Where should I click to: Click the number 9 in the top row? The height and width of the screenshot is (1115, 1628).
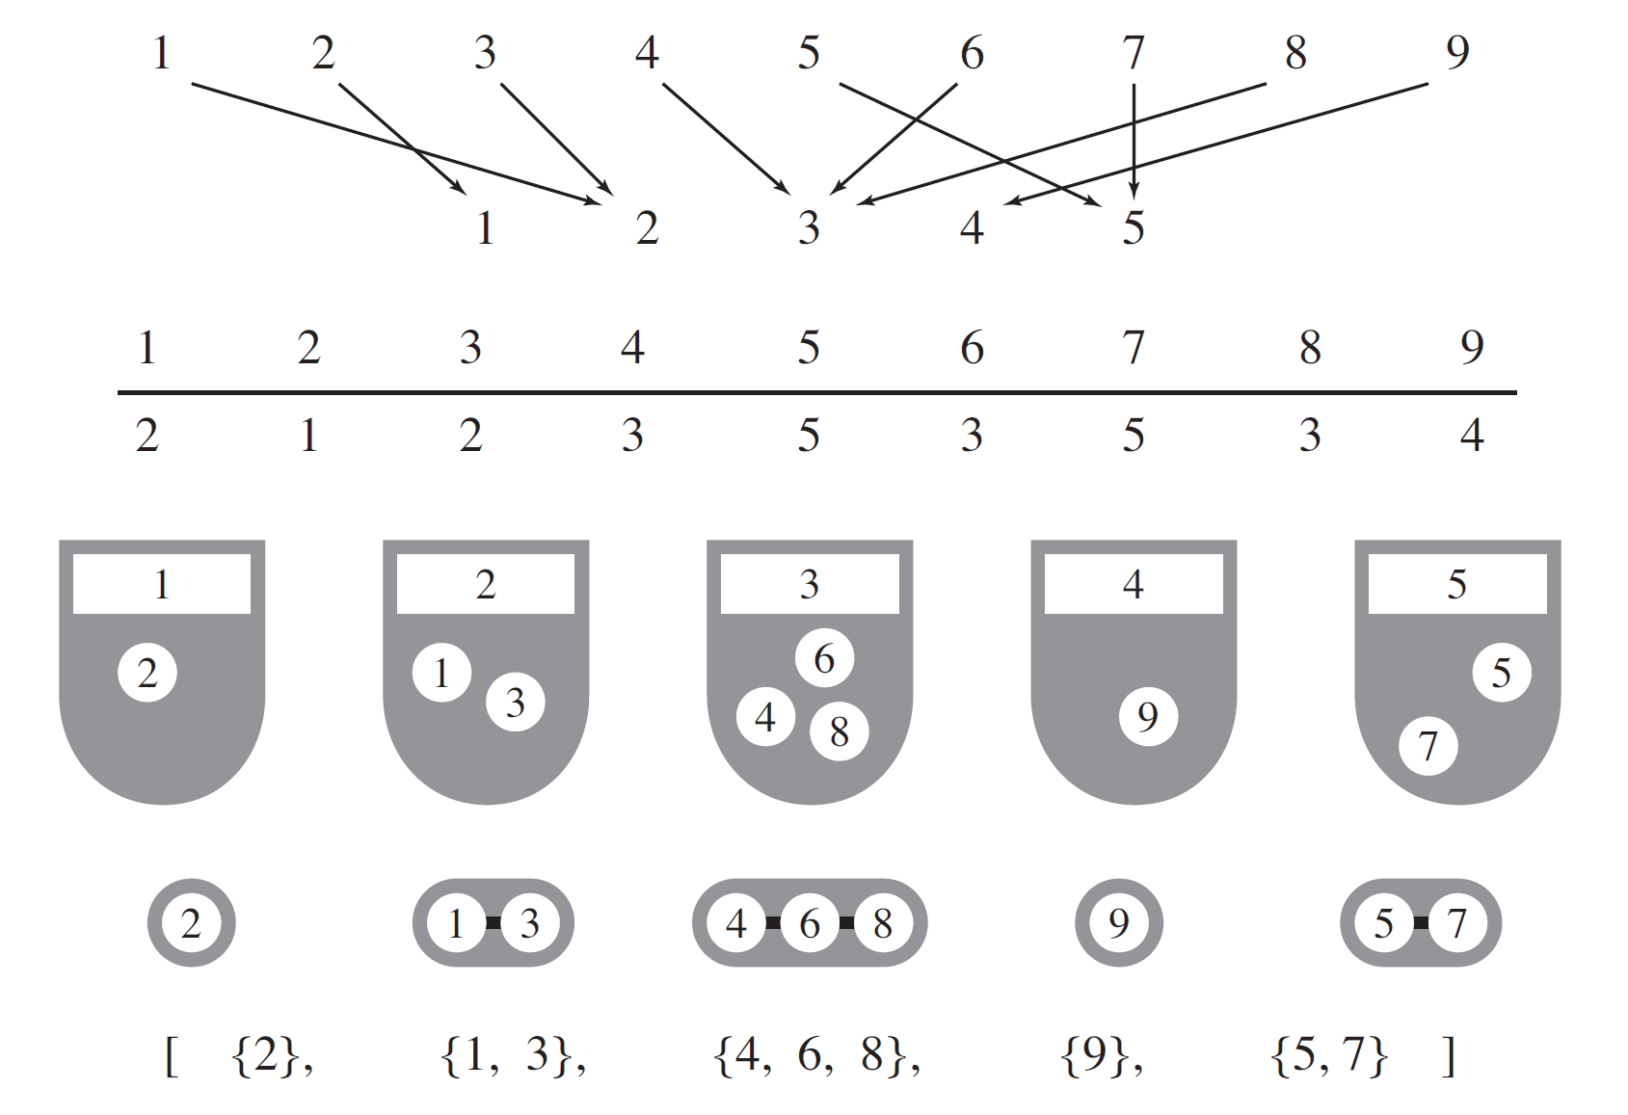[1456, 52]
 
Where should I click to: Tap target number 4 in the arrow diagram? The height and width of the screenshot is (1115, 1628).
[972, 228]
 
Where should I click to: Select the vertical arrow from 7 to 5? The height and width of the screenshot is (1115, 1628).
[1134, 140]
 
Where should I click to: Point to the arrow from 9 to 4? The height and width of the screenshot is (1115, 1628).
[1214, 144]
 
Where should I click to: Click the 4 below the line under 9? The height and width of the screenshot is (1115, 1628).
[1471, 436]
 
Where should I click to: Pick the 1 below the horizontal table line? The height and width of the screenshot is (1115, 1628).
[308, 436]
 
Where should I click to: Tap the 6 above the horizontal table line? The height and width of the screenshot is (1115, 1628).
[972, 348]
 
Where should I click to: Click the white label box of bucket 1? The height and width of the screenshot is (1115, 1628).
[162, 584]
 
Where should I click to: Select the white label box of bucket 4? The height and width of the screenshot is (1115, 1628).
[1134, 584]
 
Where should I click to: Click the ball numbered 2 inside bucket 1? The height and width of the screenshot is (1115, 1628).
[147, 673]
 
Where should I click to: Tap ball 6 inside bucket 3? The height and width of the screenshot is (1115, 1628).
[824, 659]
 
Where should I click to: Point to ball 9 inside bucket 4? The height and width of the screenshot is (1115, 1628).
[1147, 717]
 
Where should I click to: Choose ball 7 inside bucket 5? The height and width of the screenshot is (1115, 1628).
[1428, 746]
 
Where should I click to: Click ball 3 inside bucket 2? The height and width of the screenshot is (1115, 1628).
[515, 703]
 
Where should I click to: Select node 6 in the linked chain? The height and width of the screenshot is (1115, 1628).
[810, 923]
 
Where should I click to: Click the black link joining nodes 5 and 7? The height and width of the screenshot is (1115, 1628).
[1421, 923]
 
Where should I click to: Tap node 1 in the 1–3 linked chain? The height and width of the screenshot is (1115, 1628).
[456, 923]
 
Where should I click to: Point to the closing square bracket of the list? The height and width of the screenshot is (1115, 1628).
[1449, 1056]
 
